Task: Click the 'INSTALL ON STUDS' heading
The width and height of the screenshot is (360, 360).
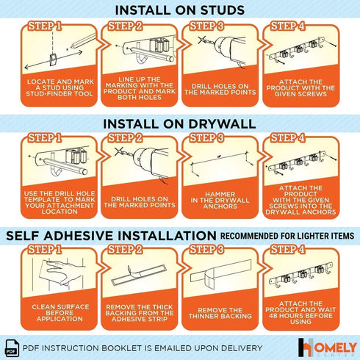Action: (180, 10)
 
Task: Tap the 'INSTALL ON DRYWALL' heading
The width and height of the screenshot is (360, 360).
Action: (179, 124)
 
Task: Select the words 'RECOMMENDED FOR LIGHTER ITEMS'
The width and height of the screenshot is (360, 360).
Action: (287, 236)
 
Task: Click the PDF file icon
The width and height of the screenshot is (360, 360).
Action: (12, 348)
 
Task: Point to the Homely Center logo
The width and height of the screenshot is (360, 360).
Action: (327, 348)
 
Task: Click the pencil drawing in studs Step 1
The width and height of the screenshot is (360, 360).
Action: (83, 41)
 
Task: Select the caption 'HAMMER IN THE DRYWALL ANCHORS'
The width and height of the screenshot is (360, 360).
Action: (220, 200)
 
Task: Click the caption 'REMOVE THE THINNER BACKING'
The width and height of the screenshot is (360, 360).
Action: (220, 313)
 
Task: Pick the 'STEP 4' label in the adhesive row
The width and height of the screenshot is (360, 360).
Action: (287, 250)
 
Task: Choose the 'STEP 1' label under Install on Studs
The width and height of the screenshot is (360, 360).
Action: (44, 26)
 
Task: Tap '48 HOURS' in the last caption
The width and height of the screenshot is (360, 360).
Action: (284, 316)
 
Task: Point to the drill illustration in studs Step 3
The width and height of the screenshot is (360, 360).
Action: (223, 49)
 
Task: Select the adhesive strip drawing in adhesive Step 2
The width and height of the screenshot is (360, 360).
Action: (139, 275)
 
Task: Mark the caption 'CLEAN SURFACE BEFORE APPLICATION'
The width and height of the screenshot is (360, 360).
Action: (60, 313)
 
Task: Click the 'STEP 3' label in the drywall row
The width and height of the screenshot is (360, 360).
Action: (206, 137)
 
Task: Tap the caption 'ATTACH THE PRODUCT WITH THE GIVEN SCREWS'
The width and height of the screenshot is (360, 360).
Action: (300, 88)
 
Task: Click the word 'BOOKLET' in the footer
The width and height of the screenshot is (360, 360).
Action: (121, 348)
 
